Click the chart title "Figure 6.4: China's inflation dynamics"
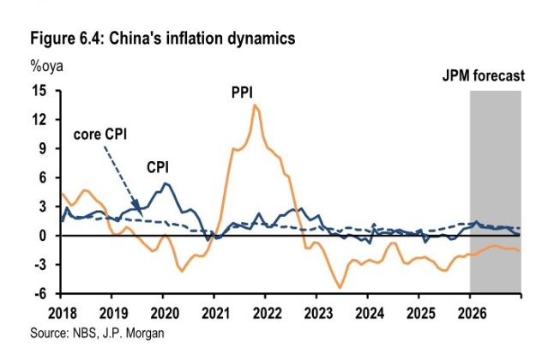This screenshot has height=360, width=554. [x=163, y=39]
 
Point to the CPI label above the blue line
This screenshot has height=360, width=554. [x=158, y=166]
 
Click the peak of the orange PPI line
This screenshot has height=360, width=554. [x=255, y=105]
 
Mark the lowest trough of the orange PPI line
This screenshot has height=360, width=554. [x=340, y=288]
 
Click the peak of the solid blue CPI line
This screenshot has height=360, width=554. [x=165, y=183]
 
